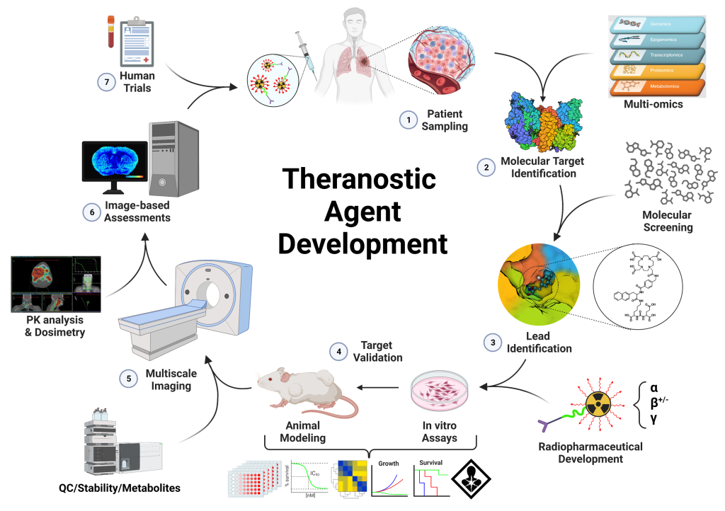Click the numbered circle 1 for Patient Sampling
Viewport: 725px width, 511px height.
click(408, 120)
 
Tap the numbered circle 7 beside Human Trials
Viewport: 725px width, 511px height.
click(106, 82)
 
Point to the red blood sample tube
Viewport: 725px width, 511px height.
click(111, 32)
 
